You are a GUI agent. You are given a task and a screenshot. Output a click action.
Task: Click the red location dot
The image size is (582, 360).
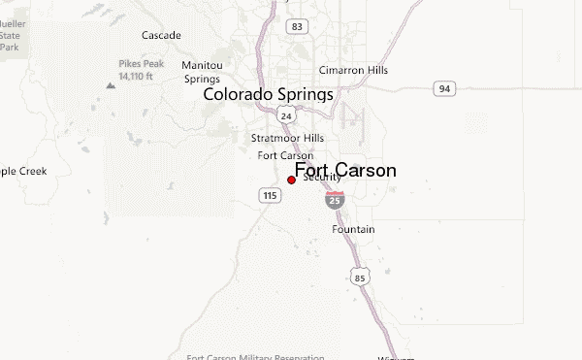pyautogui.click(x=291, y=180)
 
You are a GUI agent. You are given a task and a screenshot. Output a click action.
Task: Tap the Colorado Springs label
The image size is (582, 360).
pyautogui.click(x=268, y=96)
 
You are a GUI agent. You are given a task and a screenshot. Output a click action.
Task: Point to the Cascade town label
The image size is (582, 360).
pyautogui.click(x=161, y=36)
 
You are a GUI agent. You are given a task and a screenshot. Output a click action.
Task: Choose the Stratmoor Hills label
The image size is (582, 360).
pyautogui.click(x=287, y=139)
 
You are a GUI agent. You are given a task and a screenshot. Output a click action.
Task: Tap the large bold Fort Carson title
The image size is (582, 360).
pyautogui.click(x=344, y=171)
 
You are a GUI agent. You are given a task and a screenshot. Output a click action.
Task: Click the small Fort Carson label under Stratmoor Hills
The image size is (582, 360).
pyautogui.click(x=285, y=155)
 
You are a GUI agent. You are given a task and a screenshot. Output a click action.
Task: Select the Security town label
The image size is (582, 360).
pyautogui.click(x=322, y=179)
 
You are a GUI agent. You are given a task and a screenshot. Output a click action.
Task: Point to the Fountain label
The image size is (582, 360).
pyautogui.click(x=353, y=229)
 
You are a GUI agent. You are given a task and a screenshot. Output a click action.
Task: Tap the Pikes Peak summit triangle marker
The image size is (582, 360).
pyautogui.click(x=111, y=85)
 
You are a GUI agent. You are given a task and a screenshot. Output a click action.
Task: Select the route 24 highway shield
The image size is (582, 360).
pyautogui.click(x=285, y=115)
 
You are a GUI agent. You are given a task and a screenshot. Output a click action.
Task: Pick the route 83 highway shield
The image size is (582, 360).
pyautogui.click(x=298, y=26)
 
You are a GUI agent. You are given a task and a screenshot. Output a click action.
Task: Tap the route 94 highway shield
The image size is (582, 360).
pyautogui.click(x=443, y=89)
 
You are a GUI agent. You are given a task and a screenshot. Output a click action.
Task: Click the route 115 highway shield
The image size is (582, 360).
pyautogui.click(x=271, y=196)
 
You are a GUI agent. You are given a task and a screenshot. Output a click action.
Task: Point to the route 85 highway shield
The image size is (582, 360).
pyautogui.click(x=360, y=278)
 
